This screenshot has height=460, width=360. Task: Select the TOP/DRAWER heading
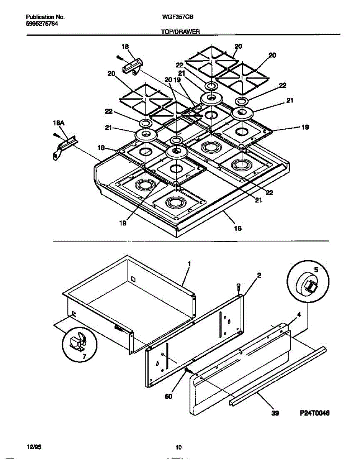coord(180,33)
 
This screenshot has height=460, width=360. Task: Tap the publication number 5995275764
coord(42,23)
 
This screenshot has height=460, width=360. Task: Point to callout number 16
coord(237,228)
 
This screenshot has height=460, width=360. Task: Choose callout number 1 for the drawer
coord(189,264)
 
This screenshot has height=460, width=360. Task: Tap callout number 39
coord(275,413)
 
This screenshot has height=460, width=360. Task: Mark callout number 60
coord(169,397)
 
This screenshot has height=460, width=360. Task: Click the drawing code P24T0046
coord(314,413)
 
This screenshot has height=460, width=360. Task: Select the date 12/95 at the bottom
coord(33,447)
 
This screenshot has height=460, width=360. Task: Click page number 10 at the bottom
coord(178,447)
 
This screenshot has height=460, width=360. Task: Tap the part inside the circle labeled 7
coord(79,342)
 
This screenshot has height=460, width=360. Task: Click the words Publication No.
coord(45,17)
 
